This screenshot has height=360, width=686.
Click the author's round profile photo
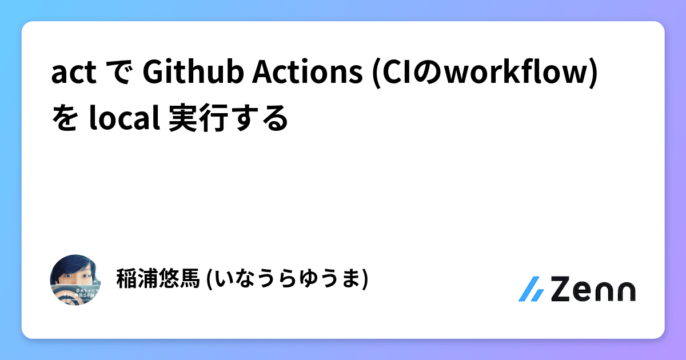pyautogui.click(x=77, y=279)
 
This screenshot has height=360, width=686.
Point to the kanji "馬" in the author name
pyautogui.click(x=190, y=279)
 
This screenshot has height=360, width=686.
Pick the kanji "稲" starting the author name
pyautogui.click(x=126, y=279)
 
